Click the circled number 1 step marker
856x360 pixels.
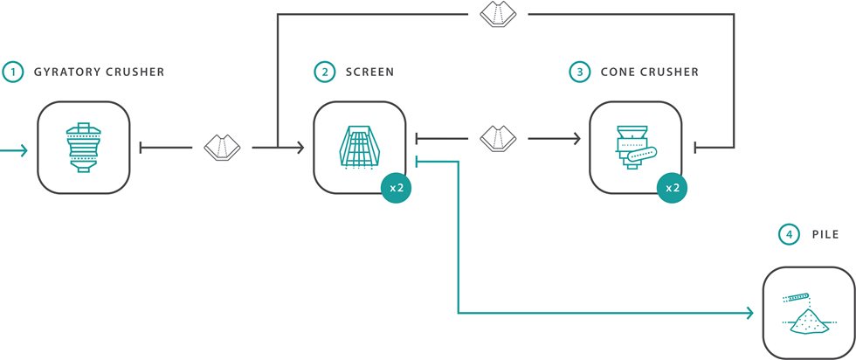pos(12,73)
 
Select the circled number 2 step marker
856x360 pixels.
pos(325,73)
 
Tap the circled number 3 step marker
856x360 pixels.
pos(581,73)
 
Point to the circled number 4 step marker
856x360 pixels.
pos(788,235)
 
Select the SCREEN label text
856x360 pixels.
pos(369,73)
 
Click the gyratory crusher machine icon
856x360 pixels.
pos(84,146)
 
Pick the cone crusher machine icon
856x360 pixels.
pos(634,146)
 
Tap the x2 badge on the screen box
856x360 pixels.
pos(396,188)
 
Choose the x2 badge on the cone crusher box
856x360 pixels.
pos(672,188)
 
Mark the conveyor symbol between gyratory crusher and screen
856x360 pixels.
pos(222,146)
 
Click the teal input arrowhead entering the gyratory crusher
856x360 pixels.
pos(24,151)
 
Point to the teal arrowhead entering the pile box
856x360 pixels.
pos(750,313)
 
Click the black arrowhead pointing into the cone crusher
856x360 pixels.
pos(576,138)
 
